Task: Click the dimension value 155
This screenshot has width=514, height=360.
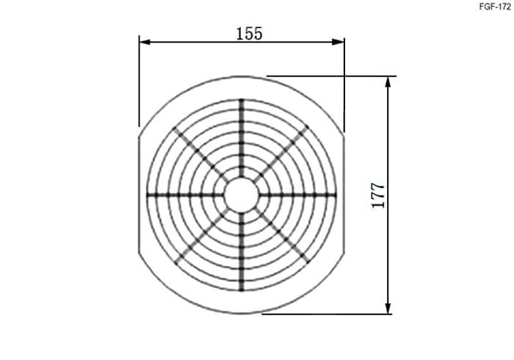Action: (x=249, y=34)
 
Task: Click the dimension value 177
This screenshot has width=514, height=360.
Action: (x=378, y=195)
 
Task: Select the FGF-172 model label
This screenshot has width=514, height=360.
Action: (x=495, y=7)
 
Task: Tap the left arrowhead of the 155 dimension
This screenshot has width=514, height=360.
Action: (x=145, y=42)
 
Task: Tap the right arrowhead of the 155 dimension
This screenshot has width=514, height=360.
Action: (x=339, y=42)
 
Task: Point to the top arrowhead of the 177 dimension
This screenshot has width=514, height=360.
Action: (x=388, y=82)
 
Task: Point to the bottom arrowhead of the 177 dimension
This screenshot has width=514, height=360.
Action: (x=388, y=308)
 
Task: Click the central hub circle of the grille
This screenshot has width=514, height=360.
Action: (x=242, y=195)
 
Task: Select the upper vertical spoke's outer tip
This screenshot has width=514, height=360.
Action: (x=242, y=99)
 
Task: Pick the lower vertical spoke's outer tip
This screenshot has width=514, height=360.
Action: (x=242, y=291)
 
